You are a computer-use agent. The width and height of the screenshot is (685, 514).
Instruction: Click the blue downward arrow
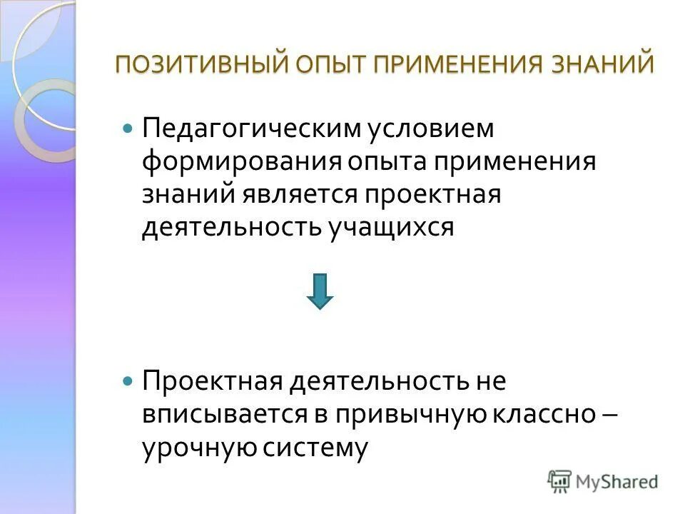[x=320, y=291]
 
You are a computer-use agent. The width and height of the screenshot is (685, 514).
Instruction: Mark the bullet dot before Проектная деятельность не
[x=128, y=382]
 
